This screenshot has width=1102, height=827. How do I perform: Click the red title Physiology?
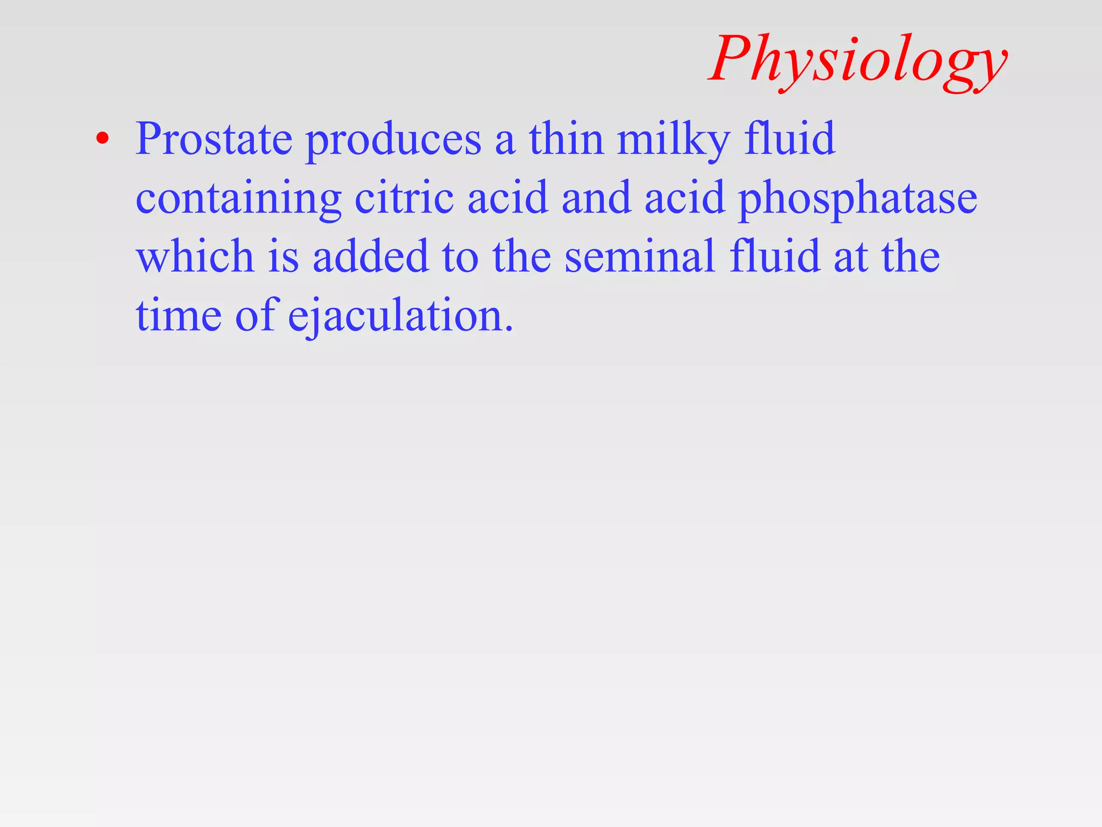click(858, 60)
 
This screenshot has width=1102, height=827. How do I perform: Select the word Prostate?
click(214, 139)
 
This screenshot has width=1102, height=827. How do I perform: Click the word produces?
click(393, 141)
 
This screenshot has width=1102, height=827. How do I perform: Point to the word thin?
click(566, 139)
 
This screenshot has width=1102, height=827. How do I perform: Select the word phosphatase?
click(857, 199)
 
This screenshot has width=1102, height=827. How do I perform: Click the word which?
click(195, 256)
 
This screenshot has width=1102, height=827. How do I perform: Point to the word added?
click(371, 256)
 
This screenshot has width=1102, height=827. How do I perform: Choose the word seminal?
click(640, 256)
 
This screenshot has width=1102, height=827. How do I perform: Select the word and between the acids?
click(596, 198)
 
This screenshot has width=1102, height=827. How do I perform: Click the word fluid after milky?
click(789, 139)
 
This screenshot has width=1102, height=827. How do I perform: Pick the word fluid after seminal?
click(775, 256)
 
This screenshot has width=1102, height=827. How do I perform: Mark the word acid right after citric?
click(507, 198)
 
